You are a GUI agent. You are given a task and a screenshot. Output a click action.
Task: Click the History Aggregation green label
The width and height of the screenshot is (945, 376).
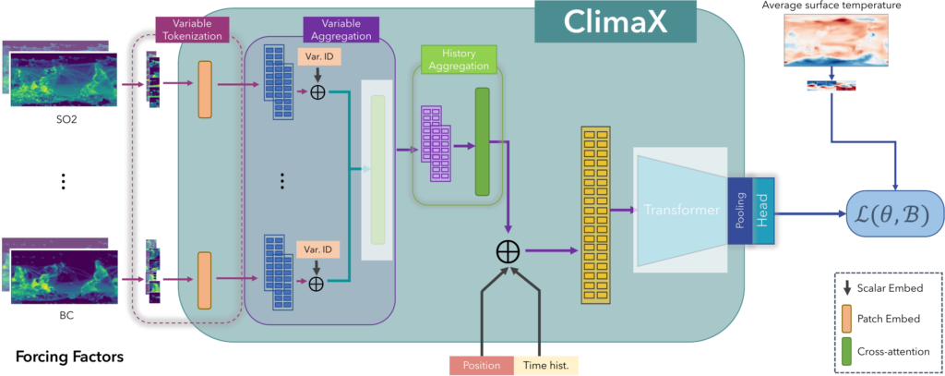(x=459, y=58)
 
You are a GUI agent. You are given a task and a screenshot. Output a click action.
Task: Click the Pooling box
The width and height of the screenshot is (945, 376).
(x=740, y=211)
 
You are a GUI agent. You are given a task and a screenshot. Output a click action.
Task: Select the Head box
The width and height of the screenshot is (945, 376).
(x=761, y=211)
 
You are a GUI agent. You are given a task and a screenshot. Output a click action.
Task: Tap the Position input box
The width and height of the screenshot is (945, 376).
(x=481, y=365)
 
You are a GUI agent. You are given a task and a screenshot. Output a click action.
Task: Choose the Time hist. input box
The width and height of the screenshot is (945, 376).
(x=546, y=365)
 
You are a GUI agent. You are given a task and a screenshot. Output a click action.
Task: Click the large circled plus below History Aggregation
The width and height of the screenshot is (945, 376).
(x=506, y=250)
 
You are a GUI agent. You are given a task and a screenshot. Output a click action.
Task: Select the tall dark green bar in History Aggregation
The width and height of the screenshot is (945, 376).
(x=482, y=141)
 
